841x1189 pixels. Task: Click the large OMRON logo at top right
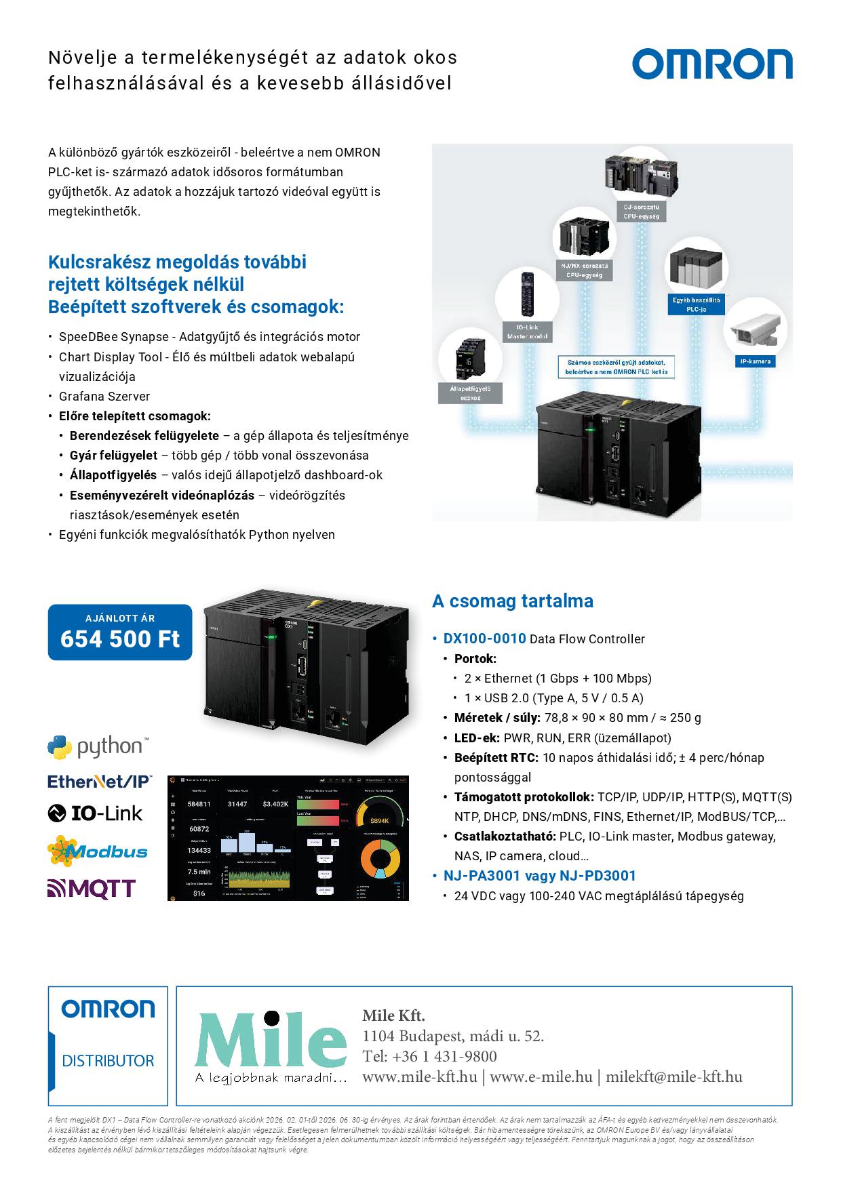tap(712, 64)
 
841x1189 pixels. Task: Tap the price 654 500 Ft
tap(120, 639)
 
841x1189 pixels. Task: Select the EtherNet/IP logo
tap(100, 782)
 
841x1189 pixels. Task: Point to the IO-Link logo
tap(95, 813)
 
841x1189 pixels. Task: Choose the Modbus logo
tap(98, 851)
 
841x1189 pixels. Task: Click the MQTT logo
tap(92, 888)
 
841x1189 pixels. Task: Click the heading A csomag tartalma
tap(512, 601)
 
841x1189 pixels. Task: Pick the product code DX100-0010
tap(484, 638)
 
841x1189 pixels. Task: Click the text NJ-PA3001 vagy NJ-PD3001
tap(539, 875)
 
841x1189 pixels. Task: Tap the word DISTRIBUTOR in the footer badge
tap(108, 1061)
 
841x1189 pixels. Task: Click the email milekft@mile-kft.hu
tap(674, 1076)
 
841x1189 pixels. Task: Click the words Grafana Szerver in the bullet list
tap(104, 396)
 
